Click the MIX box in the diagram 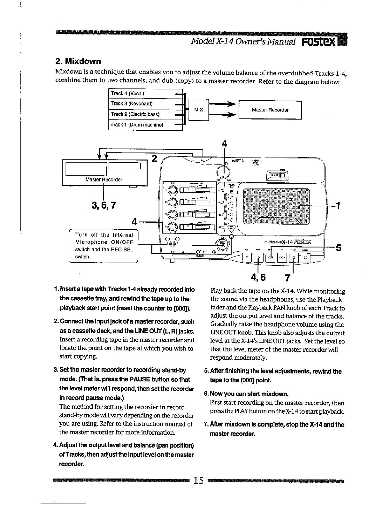pyautogui.click(x=198, y=110)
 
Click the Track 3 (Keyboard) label pyautogui.click(x=132, y=103)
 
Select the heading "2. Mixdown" pyautogui.click(x=78, y=61)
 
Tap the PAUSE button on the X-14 pyautogui.click(x=305, y=257)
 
